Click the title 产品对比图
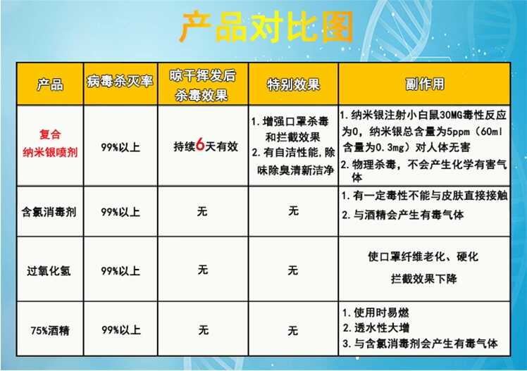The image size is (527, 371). click(266, 27)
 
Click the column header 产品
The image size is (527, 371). click(50, 84)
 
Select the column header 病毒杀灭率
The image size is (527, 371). click(120, 82)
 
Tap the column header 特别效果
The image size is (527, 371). click(293, 84)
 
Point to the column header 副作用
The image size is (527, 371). click(425, 84)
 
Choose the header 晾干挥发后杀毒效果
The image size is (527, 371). click(202, 86)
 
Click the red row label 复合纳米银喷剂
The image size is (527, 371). click(50, 144)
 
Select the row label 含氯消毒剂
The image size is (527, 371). click(49, 212)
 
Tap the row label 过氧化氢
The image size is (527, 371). click(49, 270)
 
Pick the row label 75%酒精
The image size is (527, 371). click(50, 331)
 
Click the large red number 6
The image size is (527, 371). click(200, 145)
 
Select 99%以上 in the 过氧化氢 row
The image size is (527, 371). click(120, 270)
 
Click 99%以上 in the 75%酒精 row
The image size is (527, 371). click(121, 330)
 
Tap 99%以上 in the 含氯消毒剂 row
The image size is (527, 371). click(120, 212)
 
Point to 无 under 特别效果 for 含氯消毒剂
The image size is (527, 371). click(293, 211)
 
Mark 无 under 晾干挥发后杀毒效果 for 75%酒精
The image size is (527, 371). click(204, 330)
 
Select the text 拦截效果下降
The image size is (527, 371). click(424, 279)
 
